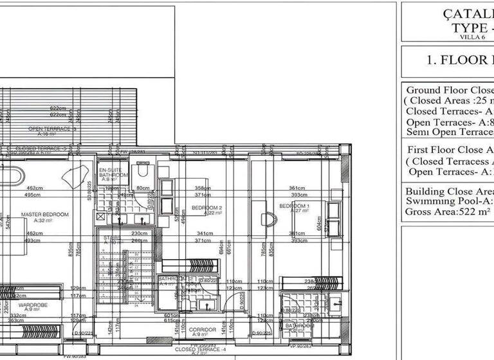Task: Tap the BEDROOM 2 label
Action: [x=206, y=208]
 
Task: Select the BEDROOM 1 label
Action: [x=294, y=206]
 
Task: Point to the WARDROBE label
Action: [x=30, y=305]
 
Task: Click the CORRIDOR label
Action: [x=202, y=330]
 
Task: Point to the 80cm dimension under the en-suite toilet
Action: [x=143, y=188]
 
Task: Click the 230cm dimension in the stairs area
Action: [x=140, y=233]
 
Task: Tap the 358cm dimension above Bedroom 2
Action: [x=203, y=188]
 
